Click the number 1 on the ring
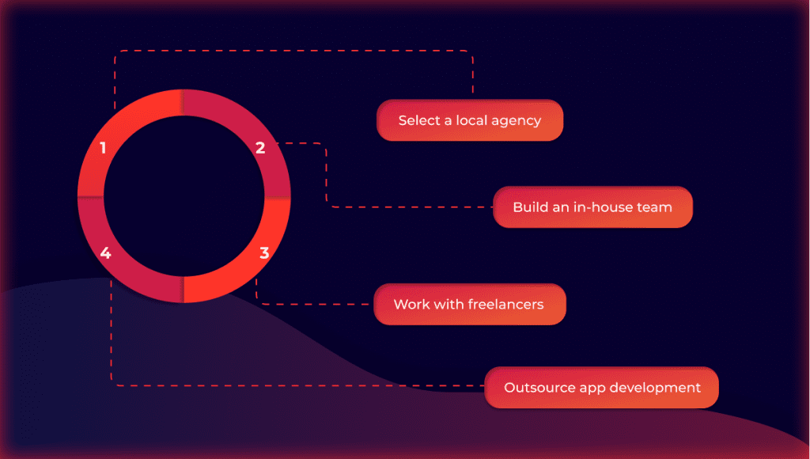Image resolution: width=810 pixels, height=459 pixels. click(x=104, y=148)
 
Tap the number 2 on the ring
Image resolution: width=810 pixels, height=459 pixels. click(x=260, y=148)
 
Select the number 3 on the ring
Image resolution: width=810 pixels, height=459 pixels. click(x=264, y=252)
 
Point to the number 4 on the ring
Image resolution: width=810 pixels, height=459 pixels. click(x=105, y=252)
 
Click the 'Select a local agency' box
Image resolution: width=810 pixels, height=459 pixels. click(x=470, y=120)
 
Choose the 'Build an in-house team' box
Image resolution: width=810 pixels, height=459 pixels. click(x=592, y=207)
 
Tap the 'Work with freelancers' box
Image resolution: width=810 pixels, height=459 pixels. click(x=470, y=304)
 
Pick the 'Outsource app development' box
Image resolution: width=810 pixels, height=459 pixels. click(x=601, y=387)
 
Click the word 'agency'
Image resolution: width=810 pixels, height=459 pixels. click(x=516, y=121)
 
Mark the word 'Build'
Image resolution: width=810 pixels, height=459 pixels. click(x=526, y=207)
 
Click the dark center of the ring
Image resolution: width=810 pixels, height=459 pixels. click(x=184, y=196)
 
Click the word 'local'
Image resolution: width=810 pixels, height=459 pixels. click(x=471, y=120)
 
